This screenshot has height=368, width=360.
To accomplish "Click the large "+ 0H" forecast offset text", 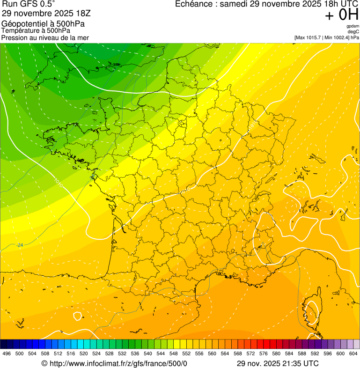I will pos(342,15).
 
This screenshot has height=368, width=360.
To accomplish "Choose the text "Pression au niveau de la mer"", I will pos(45,37).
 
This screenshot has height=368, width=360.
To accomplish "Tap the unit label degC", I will pos(353,32).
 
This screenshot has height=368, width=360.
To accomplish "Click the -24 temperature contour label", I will pos(20,245).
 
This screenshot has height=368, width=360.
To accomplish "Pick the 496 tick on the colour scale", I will pos(7,354).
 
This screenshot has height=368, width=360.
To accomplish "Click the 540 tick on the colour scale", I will pos(148,354).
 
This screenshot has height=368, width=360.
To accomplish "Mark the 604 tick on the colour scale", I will pos(353,354).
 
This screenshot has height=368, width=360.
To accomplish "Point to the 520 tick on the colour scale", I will pos(84,354).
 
